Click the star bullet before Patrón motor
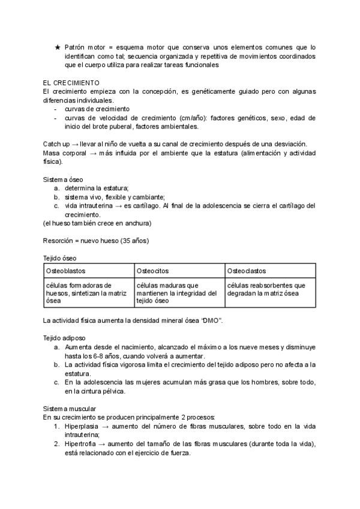[57, 47]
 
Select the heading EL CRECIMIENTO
[71, 82]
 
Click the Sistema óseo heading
[63, 179]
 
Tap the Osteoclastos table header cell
[271, 271]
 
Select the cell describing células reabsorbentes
[271, 290]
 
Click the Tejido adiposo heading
[64, 338]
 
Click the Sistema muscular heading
[68, 408]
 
